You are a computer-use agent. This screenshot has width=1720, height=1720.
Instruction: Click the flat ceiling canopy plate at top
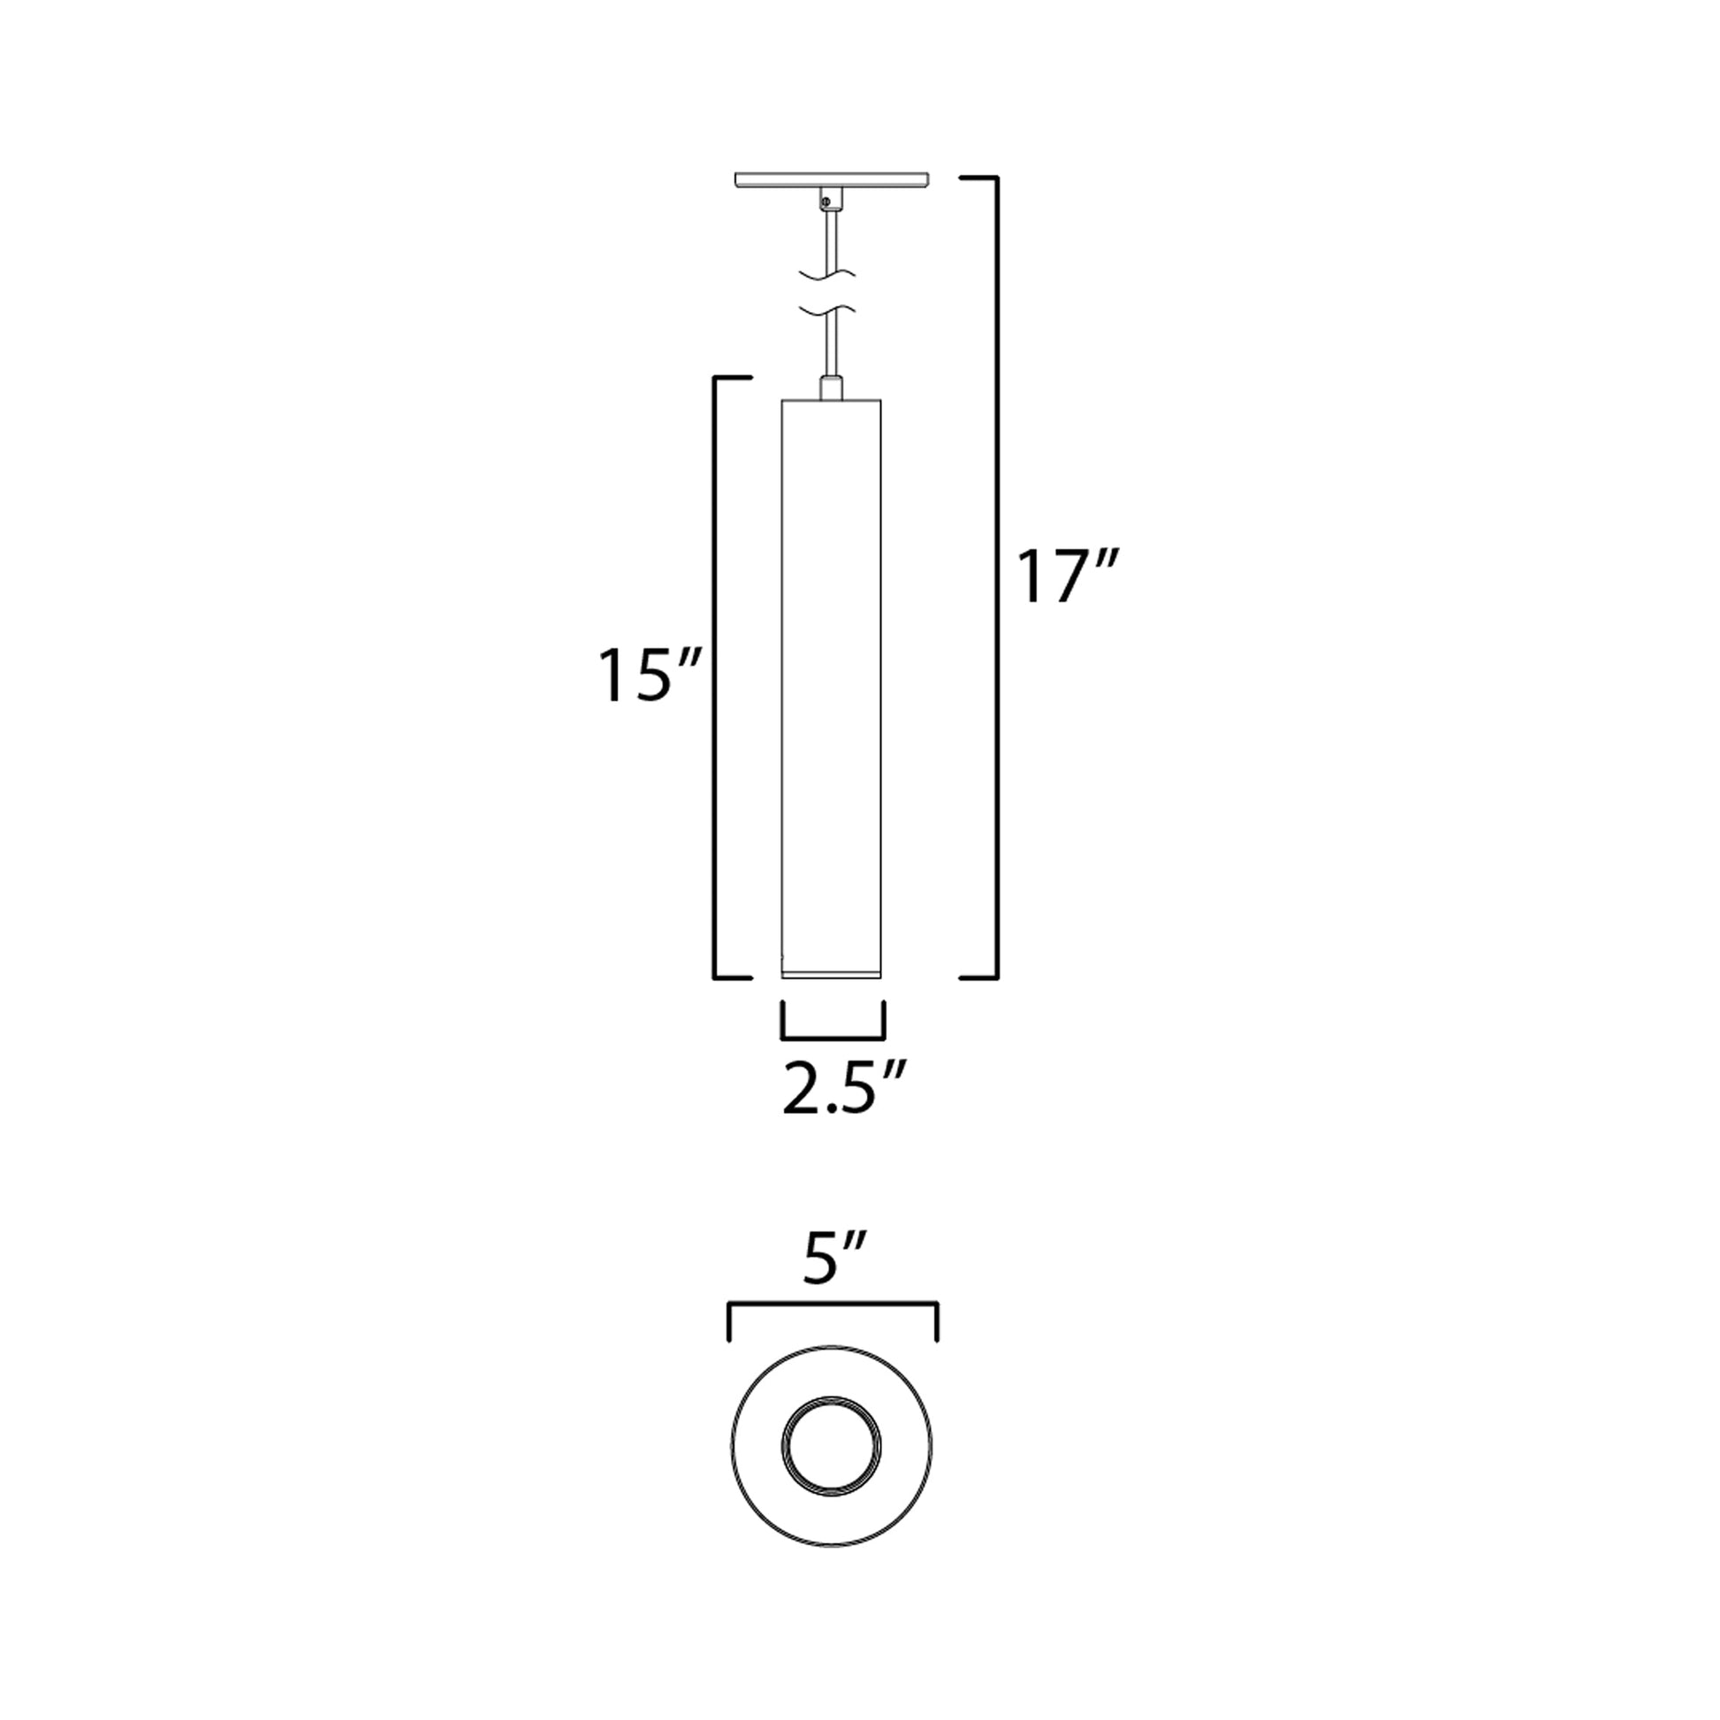click(832, 179)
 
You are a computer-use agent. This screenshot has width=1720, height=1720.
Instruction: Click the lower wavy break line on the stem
click(829, 311)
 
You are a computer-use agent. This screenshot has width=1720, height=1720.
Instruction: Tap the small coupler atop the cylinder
click(831, 389)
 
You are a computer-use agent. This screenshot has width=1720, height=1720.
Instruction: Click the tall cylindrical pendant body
click(831, 677)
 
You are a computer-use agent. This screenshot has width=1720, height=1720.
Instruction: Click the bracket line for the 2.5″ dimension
click(833, 1038)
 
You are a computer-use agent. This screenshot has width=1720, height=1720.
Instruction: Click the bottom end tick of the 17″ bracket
click(978, 978)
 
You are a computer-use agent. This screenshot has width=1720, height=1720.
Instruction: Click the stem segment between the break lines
click(829, 291)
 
